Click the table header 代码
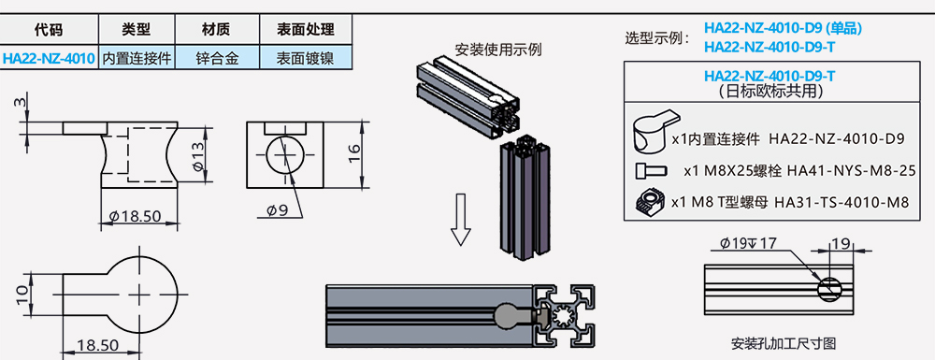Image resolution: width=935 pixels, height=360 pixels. point(49,29)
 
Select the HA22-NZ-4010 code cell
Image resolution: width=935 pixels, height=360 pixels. point(49,58)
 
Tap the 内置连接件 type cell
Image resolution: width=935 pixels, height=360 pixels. point(137,58)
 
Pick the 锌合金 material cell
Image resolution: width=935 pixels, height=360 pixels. point(217,58)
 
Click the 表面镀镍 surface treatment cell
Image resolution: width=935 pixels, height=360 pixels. point(306,58)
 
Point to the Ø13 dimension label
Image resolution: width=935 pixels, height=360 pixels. point(198,156)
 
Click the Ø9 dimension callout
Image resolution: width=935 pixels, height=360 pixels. point(277,209)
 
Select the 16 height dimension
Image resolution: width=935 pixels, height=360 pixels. point(354,154)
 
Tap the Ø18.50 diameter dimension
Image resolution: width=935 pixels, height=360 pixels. point(136,216)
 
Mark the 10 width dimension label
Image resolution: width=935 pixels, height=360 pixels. point(22,294)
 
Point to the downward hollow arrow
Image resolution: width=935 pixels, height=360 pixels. point(460,220)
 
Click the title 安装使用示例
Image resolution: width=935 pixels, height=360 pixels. point(498,50)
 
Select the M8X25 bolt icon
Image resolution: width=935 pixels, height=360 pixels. point(650,171)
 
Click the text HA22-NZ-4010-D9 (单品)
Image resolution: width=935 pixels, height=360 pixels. point(783,28)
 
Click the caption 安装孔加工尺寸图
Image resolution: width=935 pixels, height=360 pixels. point(783,344)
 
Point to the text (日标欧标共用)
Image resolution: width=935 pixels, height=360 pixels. point(771,92)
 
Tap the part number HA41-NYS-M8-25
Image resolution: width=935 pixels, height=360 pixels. point(851,171)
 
